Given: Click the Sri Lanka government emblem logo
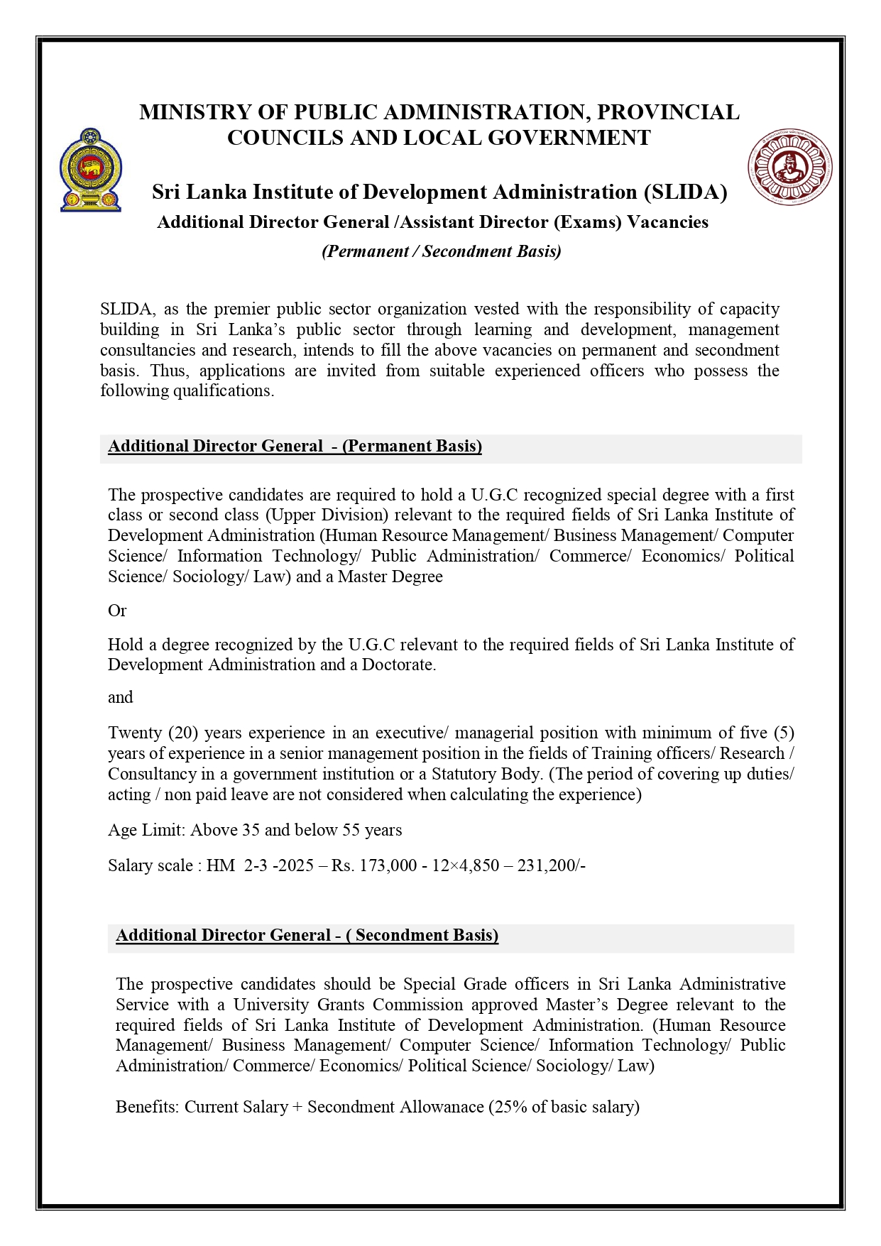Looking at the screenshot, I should click(x=90, y=170).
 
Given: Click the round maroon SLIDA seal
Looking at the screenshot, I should click(x=789, y=168).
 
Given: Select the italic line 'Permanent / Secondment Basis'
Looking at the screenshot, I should click(x=441, y=251).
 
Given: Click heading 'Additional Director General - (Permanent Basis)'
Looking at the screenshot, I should click(x=295, y=447).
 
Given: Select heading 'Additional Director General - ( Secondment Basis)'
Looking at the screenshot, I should click(x=307, y=936).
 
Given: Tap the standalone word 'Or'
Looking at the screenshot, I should click(x=117, y=611).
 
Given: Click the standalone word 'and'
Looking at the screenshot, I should click(x=120, y=697).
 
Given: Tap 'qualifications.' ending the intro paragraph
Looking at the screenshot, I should click(x=224, y=391).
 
